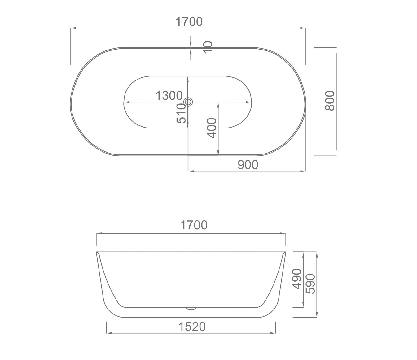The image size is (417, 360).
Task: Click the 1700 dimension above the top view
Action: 189,22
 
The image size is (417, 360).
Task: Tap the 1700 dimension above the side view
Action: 194,225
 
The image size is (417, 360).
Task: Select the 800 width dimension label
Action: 330,100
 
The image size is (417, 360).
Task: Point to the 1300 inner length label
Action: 169,96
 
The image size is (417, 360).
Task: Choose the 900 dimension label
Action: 248,165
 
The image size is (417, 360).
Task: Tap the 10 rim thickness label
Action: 208,47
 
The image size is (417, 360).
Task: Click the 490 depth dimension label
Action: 297,279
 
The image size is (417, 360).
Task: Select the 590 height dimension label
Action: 310,284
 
